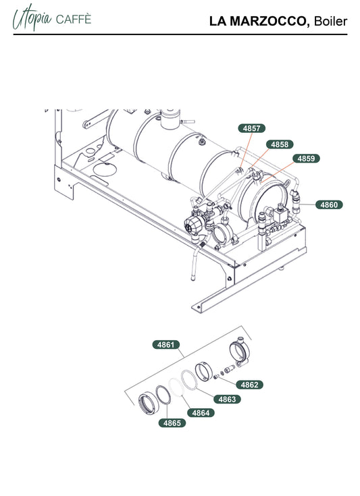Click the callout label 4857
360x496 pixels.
pos(251,128)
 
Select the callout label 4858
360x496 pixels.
pos(280,144)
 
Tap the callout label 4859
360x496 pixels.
pos(306,158)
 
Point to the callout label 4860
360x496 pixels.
pos(329,204)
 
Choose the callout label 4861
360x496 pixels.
pos(166,344)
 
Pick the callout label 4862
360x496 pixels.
pos(249,385)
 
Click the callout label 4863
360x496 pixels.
pos(227,399)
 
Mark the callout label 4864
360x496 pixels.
pos(201,413)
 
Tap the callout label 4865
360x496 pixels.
pos(172,423)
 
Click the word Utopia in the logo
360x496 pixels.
pos(32,18)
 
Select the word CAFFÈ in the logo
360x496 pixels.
pos(73,20)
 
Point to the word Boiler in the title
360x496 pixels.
pos(330,21)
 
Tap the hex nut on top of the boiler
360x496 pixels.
pos(201,142)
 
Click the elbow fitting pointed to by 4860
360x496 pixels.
pos(295,201)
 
